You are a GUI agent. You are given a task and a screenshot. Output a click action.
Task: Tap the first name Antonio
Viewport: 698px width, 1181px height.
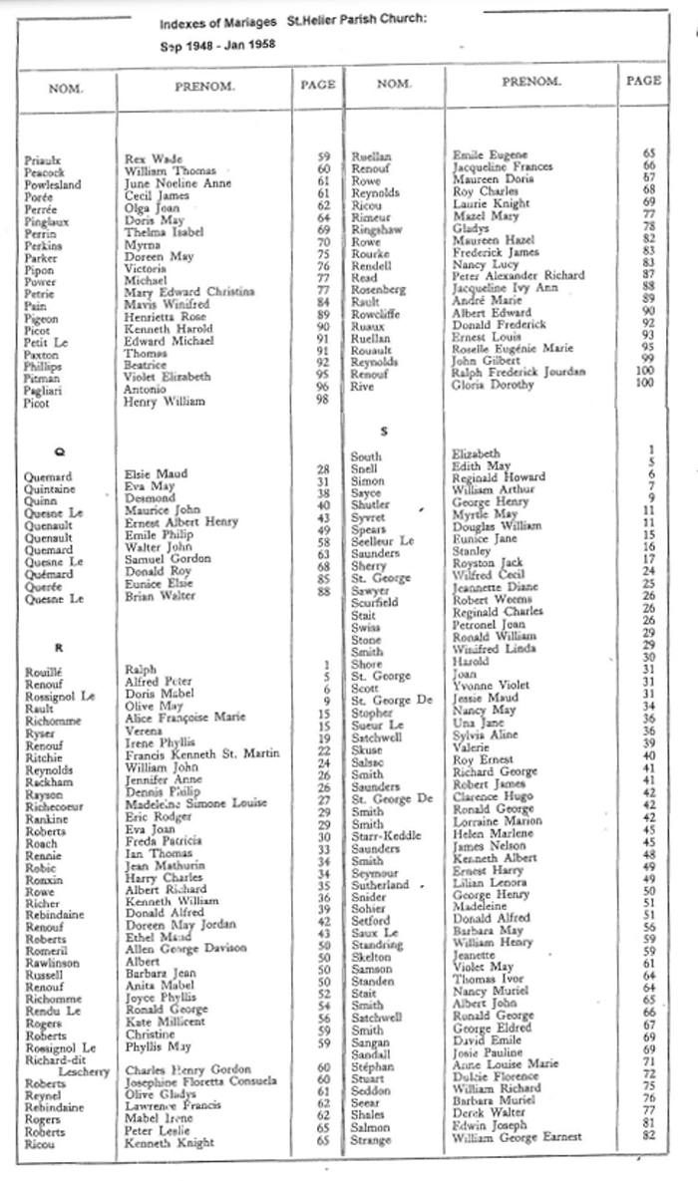pyautogui.click(x=145, y=389)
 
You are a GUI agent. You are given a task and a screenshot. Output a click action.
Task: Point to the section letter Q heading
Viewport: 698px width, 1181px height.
pyautogui.click(x=58, y=450)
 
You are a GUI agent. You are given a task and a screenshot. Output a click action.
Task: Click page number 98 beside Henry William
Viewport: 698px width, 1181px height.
pyautogui.click(x=323, y=401)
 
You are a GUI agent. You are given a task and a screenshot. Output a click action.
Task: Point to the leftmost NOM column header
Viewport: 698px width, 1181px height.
pyautogui.click(x=66, y=88)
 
